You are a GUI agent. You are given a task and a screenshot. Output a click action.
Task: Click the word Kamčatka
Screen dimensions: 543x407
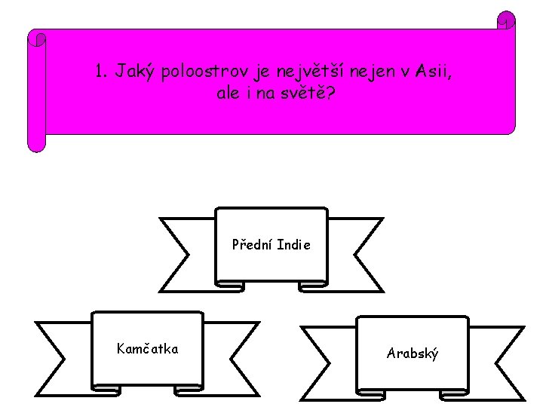(147, 348)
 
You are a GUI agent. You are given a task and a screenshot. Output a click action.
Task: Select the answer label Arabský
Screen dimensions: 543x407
(413, 353)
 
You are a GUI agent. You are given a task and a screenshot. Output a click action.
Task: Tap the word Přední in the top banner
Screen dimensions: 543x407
(253, 245)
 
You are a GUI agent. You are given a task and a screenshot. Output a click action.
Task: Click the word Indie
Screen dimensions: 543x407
(293, 245)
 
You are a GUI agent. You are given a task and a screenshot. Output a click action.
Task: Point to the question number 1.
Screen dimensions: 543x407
(100, 72)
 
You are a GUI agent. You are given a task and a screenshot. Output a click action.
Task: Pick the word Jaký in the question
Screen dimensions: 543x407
(133, 72)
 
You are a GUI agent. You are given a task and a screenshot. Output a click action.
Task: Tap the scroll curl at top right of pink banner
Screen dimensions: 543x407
(506, 20)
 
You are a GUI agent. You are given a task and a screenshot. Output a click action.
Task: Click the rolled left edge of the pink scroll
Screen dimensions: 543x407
(36, 90)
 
